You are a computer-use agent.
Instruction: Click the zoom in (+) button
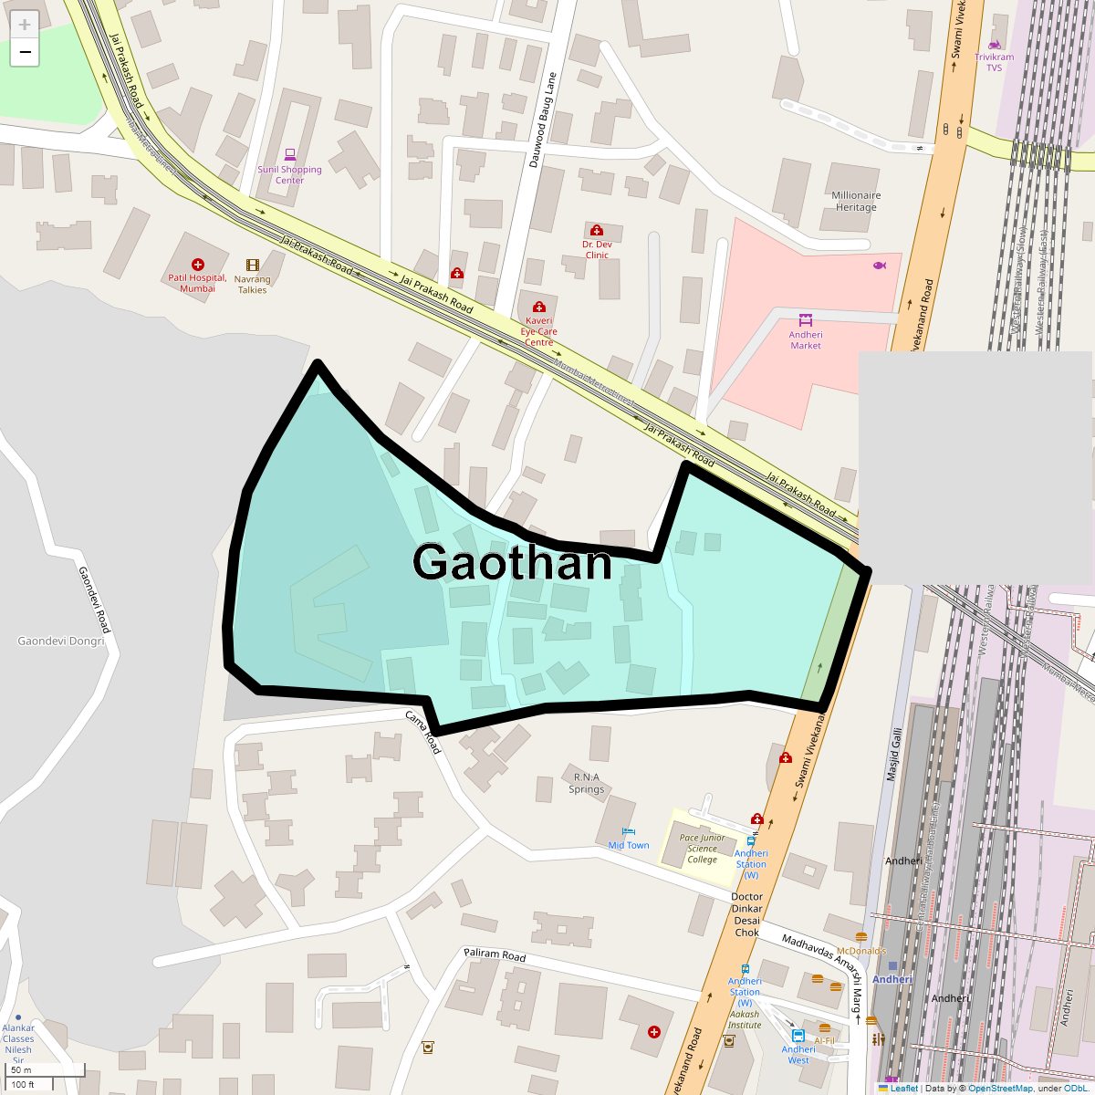(25, 25)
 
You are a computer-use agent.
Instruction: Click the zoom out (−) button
(25, 53)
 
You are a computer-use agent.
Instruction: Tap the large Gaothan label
(512, 562)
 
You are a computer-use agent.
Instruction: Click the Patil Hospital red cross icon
(198, 265)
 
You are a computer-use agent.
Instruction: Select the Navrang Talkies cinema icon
(253, 266)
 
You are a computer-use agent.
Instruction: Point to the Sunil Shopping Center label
(289, 174)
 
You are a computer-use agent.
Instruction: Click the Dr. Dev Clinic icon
(597, 230)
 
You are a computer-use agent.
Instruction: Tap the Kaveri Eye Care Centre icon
(538, 307)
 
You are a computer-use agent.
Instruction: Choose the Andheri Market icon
(805, 319)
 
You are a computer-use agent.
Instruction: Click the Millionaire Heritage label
(856, 201)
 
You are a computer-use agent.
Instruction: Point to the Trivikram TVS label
(994, 62)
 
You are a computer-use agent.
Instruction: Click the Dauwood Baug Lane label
(542, 120)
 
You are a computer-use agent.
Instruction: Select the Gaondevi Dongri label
(60, 641)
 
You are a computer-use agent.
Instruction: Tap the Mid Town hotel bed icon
(628, 831)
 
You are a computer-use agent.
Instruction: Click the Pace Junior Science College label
(702, 849)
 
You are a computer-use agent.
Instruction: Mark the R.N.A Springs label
(586, 784)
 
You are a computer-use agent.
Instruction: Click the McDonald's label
(861, 951)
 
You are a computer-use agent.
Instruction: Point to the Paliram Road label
(495, 954)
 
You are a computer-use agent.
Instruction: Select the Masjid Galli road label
(894, 754)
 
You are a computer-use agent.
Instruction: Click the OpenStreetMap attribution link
(1000, 1088)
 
